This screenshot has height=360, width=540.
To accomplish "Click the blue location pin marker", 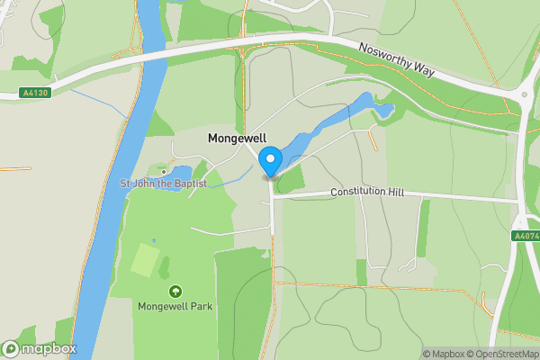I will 270,162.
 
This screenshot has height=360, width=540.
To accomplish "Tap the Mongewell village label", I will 237,139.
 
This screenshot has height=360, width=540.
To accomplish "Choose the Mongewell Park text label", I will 175,306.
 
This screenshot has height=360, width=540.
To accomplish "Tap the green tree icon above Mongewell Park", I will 175,292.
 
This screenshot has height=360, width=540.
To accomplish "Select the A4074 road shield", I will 526,236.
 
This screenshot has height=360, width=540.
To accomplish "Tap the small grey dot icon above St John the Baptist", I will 164,172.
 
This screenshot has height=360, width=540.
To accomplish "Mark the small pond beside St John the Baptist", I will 180,172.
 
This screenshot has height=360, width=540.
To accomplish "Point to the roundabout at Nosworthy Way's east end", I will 525,94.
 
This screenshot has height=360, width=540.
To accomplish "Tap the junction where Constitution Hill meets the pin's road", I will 272,195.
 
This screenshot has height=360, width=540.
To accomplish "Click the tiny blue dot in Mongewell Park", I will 154,240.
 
